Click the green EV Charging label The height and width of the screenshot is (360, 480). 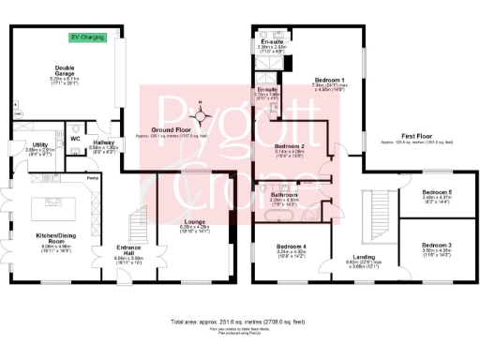(87, 38)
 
